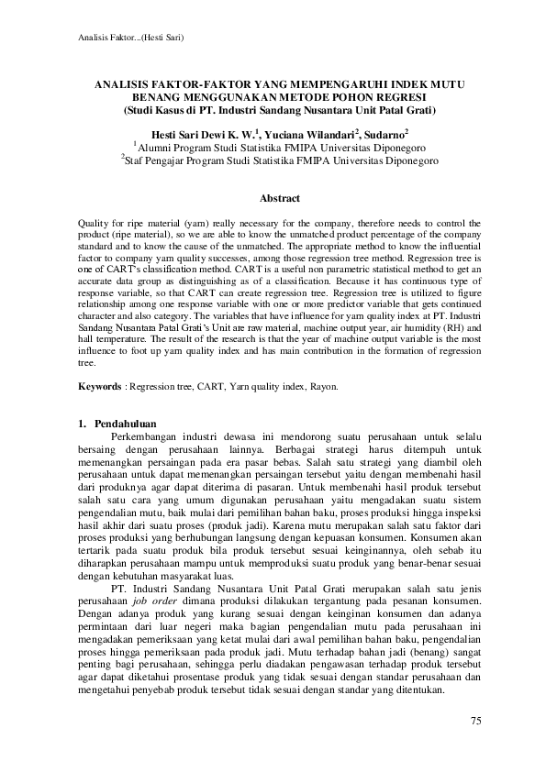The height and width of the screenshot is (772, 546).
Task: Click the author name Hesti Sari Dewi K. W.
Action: [203, 131]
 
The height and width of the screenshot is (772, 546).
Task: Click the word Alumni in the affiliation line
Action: [157, 145]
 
